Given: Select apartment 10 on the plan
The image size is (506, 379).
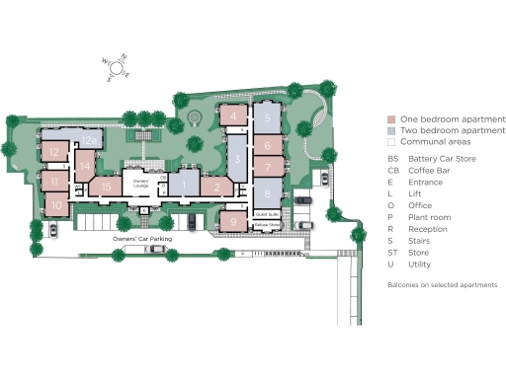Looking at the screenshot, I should click(x=56, y=205).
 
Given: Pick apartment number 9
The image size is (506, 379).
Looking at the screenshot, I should click(x=233, y=221).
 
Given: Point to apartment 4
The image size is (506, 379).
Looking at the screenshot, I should click(x=232, y=115).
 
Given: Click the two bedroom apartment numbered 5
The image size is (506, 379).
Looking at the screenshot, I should click(x=267, y=117).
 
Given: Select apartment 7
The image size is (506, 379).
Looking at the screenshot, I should click(x=267, y=168).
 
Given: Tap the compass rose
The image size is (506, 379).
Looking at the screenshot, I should click(x=115, y=66).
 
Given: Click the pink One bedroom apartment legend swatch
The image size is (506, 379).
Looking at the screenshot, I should click(x=391, y=118).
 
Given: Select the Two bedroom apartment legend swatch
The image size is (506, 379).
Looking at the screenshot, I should click(x=391, y=130).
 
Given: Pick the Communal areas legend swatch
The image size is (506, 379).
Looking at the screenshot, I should click(x=391, y=142).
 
